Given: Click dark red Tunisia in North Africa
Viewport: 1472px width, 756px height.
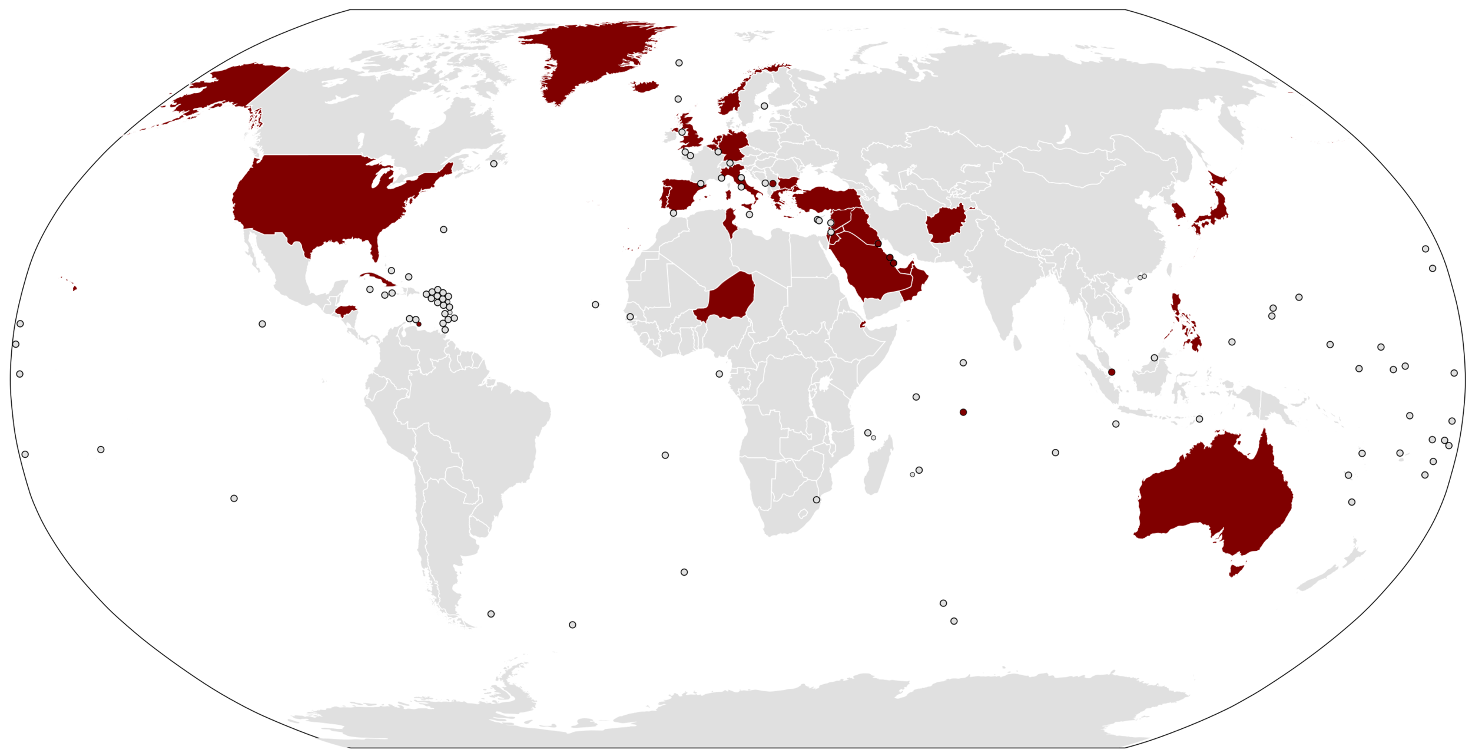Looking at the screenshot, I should (x=730, y=221).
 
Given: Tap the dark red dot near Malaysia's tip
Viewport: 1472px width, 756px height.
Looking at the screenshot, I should (x=1112, y=372).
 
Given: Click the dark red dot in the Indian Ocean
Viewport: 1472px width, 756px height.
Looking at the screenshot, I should (x=963, y=412).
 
